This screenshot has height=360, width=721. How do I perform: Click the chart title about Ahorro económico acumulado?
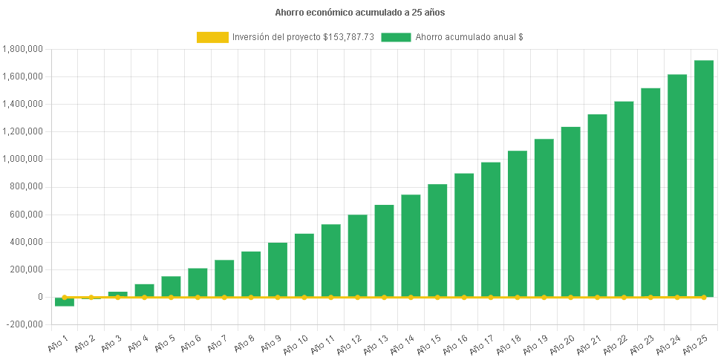360,13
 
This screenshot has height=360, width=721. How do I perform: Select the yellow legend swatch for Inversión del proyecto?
212,37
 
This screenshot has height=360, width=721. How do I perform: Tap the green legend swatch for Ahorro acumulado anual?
396,37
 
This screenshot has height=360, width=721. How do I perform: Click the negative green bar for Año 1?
65,302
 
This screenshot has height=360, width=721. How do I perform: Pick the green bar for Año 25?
704,178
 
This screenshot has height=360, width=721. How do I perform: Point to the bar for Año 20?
570,212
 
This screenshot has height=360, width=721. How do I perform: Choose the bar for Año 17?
491,229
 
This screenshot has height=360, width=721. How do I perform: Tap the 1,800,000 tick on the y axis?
23,49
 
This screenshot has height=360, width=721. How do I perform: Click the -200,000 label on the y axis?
25,324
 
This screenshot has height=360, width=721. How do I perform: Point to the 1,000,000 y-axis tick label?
23,159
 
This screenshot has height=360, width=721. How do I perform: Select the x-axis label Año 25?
694,344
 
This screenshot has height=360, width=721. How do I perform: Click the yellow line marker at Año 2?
91,297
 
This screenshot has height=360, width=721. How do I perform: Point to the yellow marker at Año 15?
437,297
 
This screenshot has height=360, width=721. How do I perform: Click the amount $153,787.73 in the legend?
349,37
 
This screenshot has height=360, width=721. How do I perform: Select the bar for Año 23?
650,192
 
